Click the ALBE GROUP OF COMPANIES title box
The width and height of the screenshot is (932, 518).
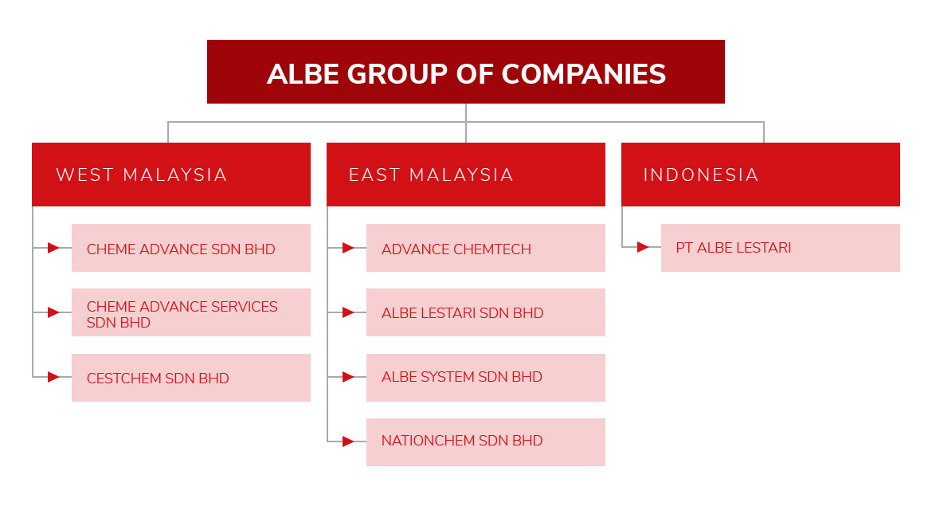[465, 72]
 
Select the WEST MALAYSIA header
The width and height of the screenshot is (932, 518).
[171, 175]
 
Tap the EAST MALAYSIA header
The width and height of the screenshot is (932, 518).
[465, 175]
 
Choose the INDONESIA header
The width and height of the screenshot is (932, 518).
[760, 175]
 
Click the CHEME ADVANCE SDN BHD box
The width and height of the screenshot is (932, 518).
[191, 248]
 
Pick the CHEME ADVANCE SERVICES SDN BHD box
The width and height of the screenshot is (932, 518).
[191, 312]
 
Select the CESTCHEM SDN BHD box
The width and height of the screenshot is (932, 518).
[191, 378]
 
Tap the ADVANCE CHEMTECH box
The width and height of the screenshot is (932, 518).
[486, 248]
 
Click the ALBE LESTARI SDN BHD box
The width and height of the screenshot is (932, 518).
[486, 312]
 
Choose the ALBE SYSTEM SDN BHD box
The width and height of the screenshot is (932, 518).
[486, 378]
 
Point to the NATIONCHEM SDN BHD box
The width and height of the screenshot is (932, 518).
[486, 441]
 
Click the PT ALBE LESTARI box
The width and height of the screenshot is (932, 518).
[781, 248]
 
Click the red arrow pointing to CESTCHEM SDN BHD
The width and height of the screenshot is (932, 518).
[53, 376]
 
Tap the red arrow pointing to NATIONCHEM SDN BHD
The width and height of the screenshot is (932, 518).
[348, 441]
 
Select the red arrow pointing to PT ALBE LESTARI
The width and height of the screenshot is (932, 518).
[643, 247]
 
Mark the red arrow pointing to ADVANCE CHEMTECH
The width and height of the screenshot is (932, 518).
[348, 248]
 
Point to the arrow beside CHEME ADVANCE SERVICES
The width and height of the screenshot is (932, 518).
[53, 312]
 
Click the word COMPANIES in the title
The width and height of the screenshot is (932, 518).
[584, 74]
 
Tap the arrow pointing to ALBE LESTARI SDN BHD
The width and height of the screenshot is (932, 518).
[348, 312]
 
